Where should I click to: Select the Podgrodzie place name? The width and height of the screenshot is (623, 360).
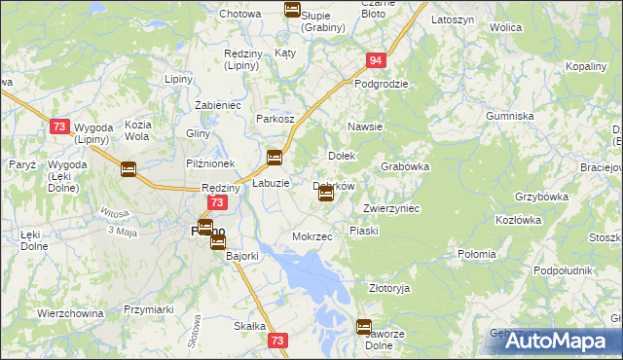pos(381,84)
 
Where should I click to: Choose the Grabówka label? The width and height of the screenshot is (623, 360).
pos(405,166)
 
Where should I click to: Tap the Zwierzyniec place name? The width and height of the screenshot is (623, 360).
pos(390,208)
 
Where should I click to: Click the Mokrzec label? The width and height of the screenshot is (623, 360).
pos(312,236)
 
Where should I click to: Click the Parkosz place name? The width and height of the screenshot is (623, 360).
pos(275,119)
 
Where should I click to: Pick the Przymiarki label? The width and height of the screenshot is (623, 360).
pos(148,309)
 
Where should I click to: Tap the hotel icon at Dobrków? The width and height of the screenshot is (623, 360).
pos(326,195)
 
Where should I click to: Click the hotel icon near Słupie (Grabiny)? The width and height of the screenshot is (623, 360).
pos(292,10)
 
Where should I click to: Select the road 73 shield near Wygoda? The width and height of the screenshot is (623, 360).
pos(60,126)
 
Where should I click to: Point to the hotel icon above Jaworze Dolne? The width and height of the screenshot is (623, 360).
pos(364,328)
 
